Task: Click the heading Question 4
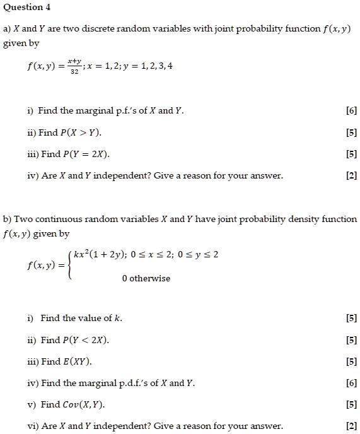(x=27, y=8)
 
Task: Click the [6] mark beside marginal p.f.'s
(x=352, y=111)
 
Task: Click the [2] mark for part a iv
(x=352, y=176)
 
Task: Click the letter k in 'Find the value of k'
(x=119, y=318)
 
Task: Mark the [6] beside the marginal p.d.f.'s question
(x=352, y=383)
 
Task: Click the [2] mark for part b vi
(x=352, y=426)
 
